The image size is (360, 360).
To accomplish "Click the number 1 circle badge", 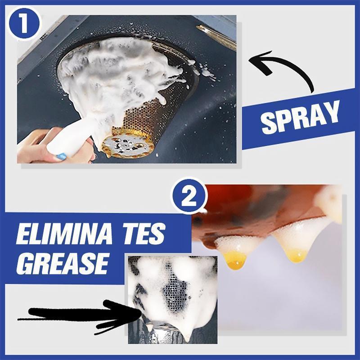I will click(24, 23).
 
